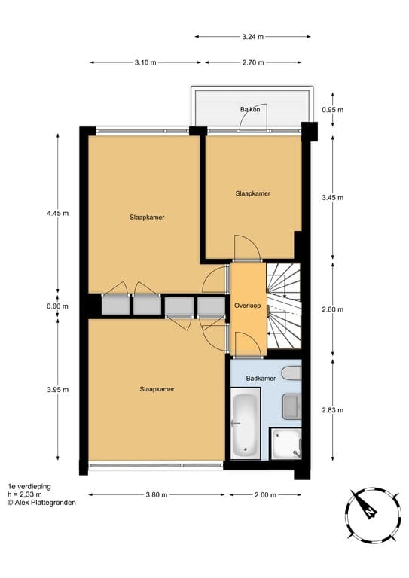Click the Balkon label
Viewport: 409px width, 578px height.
point(250,109)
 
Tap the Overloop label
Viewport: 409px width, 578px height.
point(248,306)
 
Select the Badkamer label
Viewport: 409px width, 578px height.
point(261,379)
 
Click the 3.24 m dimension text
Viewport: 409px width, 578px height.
point(252,36)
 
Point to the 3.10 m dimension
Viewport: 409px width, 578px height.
point(145,62)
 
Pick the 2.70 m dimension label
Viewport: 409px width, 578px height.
point(253,62)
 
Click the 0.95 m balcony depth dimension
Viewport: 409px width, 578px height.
point(333,109)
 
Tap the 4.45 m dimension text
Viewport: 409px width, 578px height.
point(57,214)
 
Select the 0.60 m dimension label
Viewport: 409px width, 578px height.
point(57,306)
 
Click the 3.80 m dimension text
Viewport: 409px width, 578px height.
point(157,494)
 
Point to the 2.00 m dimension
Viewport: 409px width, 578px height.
point(265,494)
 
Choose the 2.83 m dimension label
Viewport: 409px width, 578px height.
point(333,410)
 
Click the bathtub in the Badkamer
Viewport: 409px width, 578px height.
point(246,424)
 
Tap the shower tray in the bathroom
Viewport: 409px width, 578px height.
point(285,444)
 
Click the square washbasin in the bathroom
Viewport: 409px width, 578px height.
point(291,406)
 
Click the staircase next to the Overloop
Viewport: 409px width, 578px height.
point(284,306)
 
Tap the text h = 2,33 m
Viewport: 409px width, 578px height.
point(25,494)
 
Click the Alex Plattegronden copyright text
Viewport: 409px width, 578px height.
point(41,503)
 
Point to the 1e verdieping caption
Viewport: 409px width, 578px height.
point(29,487)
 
